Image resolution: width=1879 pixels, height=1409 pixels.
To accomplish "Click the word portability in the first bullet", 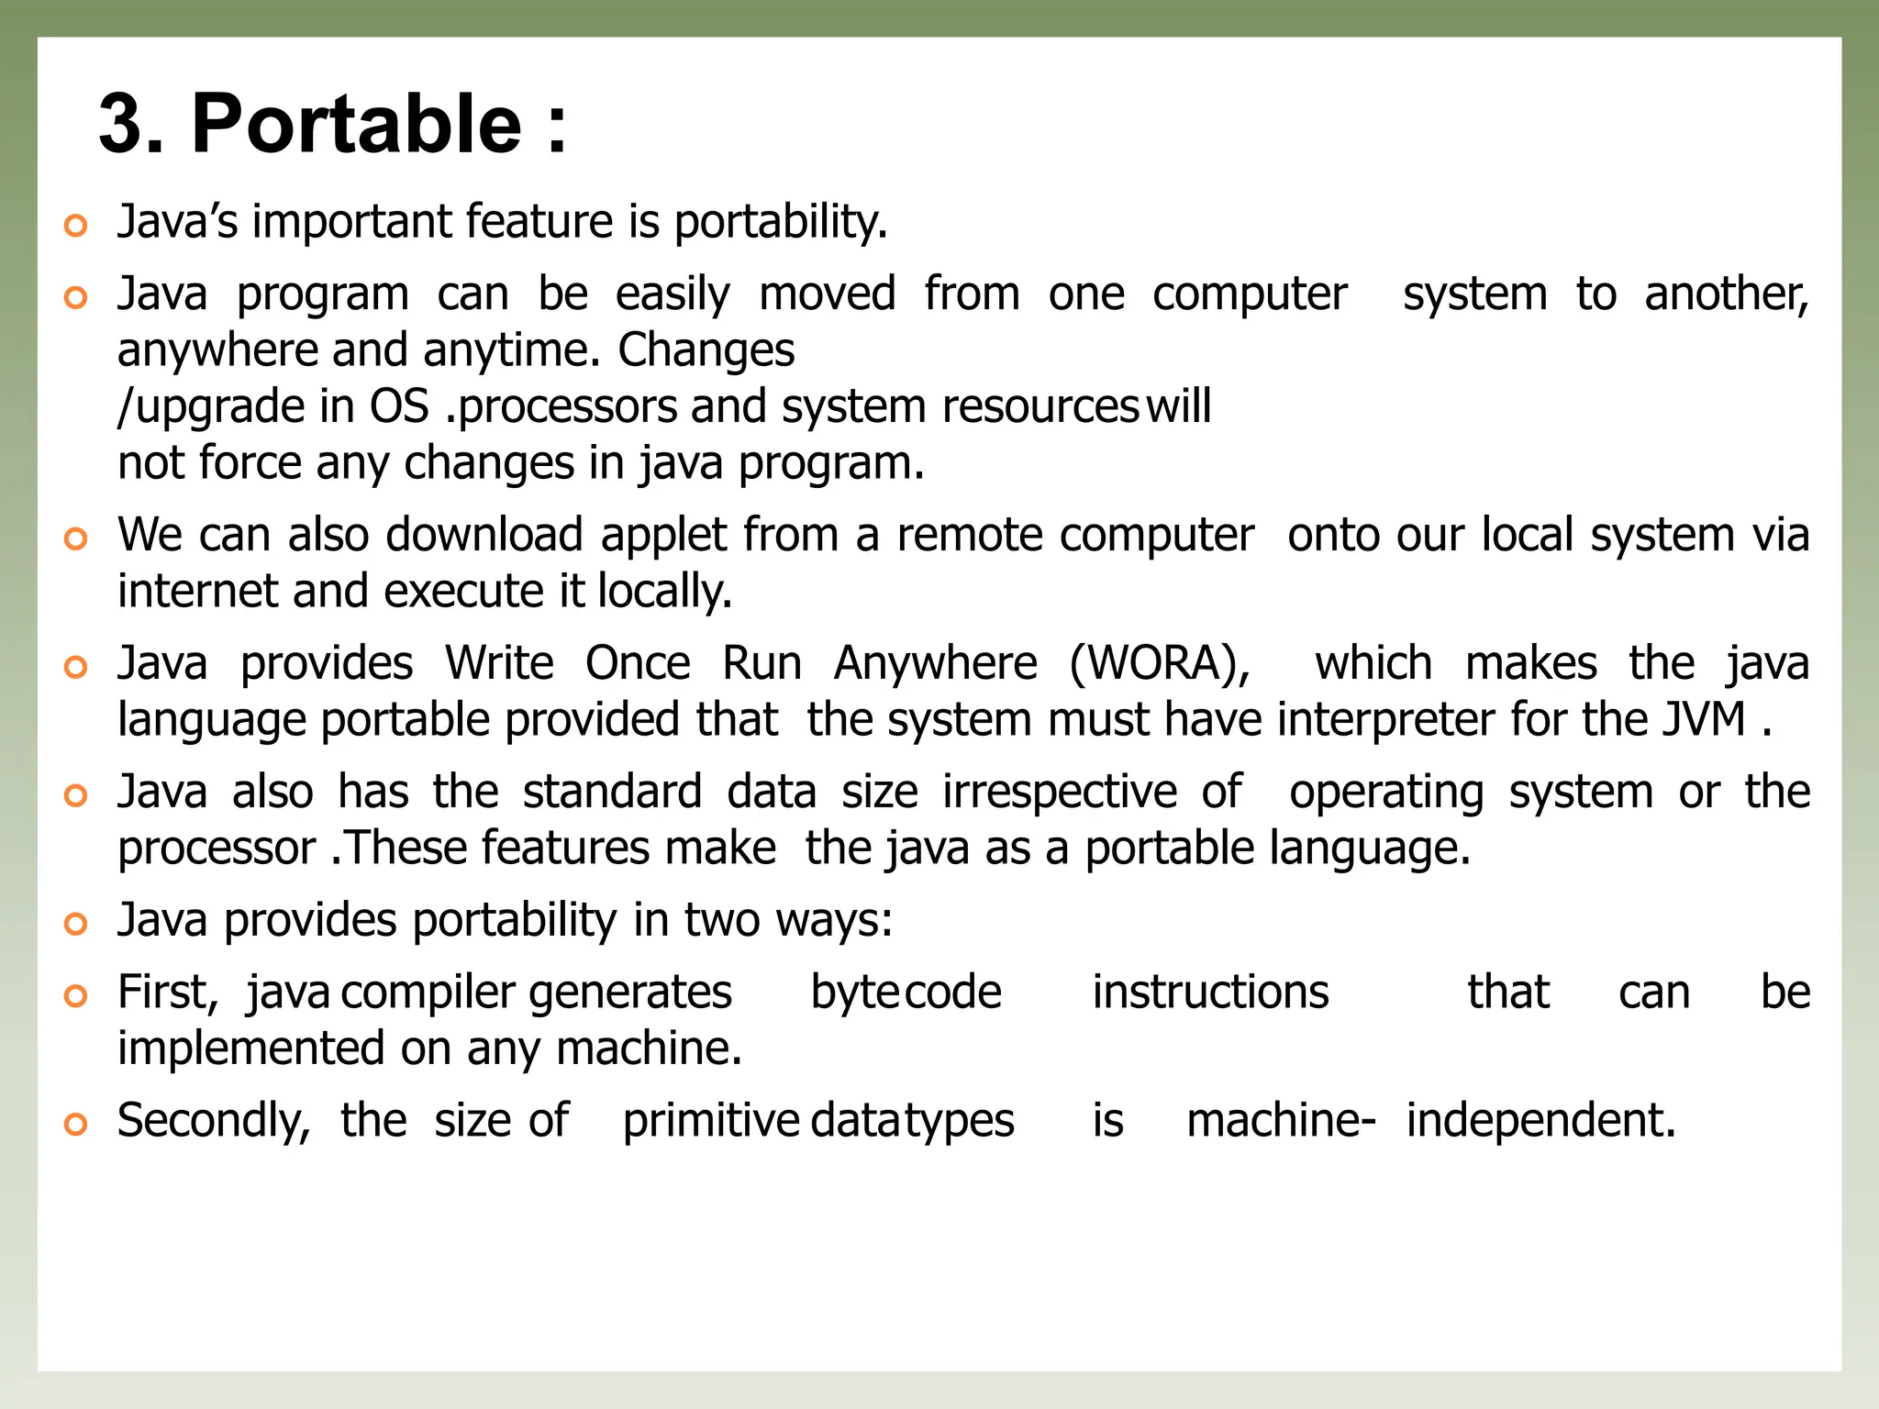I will point(780,222).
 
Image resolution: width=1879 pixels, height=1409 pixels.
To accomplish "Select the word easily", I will point(673,295).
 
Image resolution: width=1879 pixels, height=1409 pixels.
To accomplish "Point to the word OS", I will point(399,406).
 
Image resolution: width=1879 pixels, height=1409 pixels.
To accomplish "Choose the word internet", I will point(196,591).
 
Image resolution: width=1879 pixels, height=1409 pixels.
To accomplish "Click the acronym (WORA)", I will point(1160,663).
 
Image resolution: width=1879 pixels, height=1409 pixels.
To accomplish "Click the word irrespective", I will point(1060,792).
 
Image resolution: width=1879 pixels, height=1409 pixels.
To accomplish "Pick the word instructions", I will point(1210,993).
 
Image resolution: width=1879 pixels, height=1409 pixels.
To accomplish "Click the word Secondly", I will point(214,1121).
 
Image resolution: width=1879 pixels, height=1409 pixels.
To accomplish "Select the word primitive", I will point(711,1121).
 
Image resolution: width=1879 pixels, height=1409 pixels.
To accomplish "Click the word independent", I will point(1540,1121).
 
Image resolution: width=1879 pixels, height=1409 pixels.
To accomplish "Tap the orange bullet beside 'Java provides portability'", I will point(76,923).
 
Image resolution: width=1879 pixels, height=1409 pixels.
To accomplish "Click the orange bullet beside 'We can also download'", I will point(76,538).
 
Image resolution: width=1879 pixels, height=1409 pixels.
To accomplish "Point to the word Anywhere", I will point(935,663).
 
